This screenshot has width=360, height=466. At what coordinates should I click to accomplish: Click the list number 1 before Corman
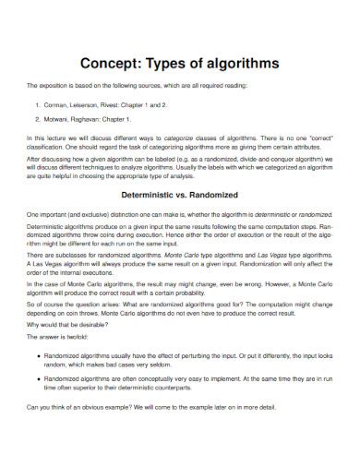pos(37,106)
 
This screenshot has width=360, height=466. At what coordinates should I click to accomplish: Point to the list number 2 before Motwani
pos(37,119)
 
